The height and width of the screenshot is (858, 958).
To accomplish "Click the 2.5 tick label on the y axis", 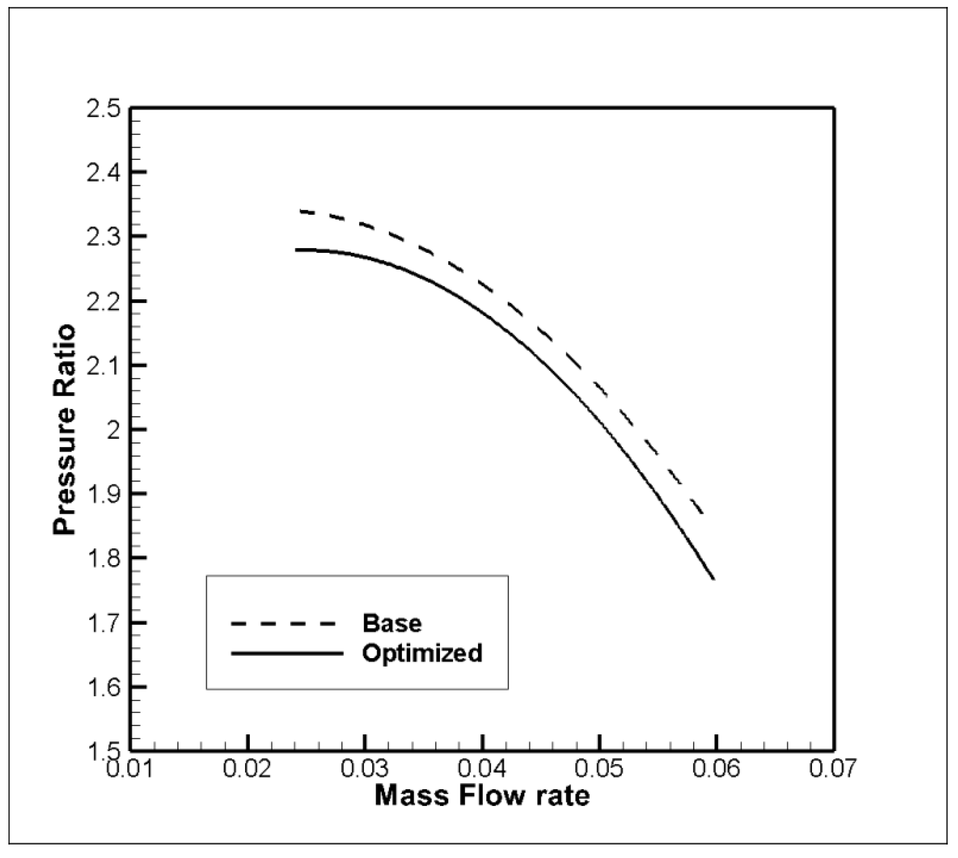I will click(103, 109).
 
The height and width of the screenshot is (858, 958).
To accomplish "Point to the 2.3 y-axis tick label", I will click(103, 237).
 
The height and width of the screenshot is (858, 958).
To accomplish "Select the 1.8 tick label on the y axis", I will click(103, 559).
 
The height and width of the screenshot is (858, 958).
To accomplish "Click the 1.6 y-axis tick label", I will click(103, 688).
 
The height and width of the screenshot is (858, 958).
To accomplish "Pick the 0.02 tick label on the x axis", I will click(247, 769).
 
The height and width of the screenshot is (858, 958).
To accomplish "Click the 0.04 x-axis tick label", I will click(482, 769).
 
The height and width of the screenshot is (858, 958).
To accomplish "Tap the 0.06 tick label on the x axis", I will click(716, 769).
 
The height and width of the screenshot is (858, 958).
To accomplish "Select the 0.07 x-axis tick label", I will click(832, 769).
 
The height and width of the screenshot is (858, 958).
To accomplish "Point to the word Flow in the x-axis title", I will click(491, 796).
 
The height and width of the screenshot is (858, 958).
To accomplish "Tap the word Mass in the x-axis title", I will click(411, 796).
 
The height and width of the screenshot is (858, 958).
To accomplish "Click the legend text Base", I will click(392, 623).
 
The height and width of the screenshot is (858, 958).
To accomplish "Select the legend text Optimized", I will click(422, 653).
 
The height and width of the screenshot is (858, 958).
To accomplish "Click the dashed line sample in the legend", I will click(283, 624).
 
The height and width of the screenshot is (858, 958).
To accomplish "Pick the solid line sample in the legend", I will click(287, 653).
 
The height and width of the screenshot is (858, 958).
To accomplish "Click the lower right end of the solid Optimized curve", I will click(714, 579).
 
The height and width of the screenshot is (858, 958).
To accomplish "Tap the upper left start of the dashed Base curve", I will click(301, 211).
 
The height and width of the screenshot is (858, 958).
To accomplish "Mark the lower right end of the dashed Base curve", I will click(703, 514).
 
